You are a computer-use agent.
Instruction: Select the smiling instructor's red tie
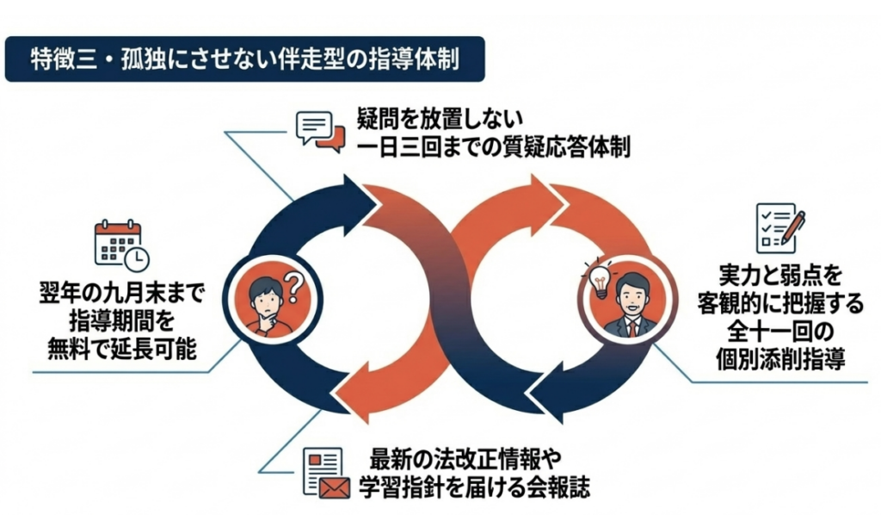[632, 326]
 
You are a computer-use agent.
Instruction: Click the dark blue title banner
[244, 59]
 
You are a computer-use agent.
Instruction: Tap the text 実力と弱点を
[779, 276]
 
